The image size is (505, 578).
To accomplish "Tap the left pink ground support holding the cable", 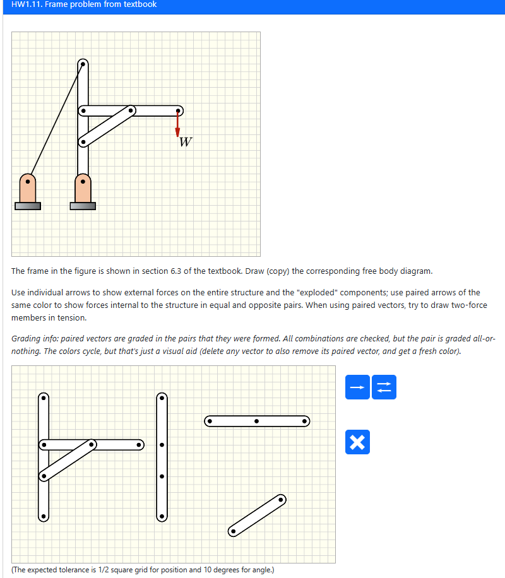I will pyautogui.click(x=27, y=188).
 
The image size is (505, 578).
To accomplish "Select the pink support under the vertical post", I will pyautogui.click(x=83, y=188).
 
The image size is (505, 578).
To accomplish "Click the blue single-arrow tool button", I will pyautogui.click(x=357, y=387).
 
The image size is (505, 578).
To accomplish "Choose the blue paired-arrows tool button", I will pyautogui.click(x=384, y=387).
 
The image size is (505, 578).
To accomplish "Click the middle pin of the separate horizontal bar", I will pyautogui.click(x=256, y=420).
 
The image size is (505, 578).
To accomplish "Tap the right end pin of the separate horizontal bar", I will pyautogui.click(x=304, y=420).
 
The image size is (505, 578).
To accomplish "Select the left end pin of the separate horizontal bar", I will pyautogui.click(x=209, y=420).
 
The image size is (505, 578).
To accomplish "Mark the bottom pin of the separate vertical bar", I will pyautogui.click(x=162, y=516).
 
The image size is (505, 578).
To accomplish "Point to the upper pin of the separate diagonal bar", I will pyautogui.click(x=281, y=500).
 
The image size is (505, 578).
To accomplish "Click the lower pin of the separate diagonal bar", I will pyautogui.click(x=233, y=531).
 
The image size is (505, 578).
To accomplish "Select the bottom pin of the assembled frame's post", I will pyautogui.click(x=43, y=516).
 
